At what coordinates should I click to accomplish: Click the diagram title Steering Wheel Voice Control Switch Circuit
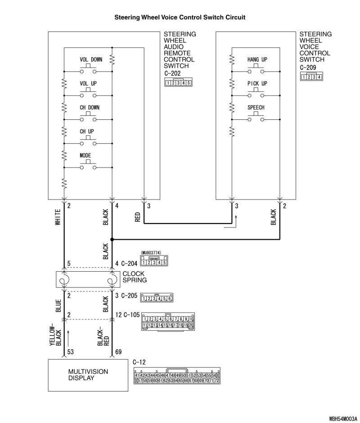[180, 18]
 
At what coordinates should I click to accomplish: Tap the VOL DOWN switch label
[90, 59]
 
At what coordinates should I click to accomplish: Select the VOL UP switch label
[88, 83]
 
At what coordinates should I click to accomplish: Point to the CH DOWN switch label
[90, 108]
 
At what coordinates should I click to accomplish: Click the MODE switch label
[85, 155]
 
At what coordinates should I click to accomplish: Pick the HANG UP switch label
[257, 59]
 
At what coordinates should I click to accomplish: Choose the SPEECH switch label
[256, 108]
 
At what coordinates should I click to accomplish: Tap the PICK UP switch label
[257, 83]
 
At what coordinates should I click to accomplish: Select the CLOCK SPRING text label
[135, 277]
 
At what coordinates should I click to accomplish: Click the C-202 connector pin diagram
[178, 83]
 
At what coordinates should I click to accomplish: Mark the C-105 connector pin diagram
[167, 322]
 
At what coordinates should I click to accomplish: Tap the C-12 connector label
[140, 362]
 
